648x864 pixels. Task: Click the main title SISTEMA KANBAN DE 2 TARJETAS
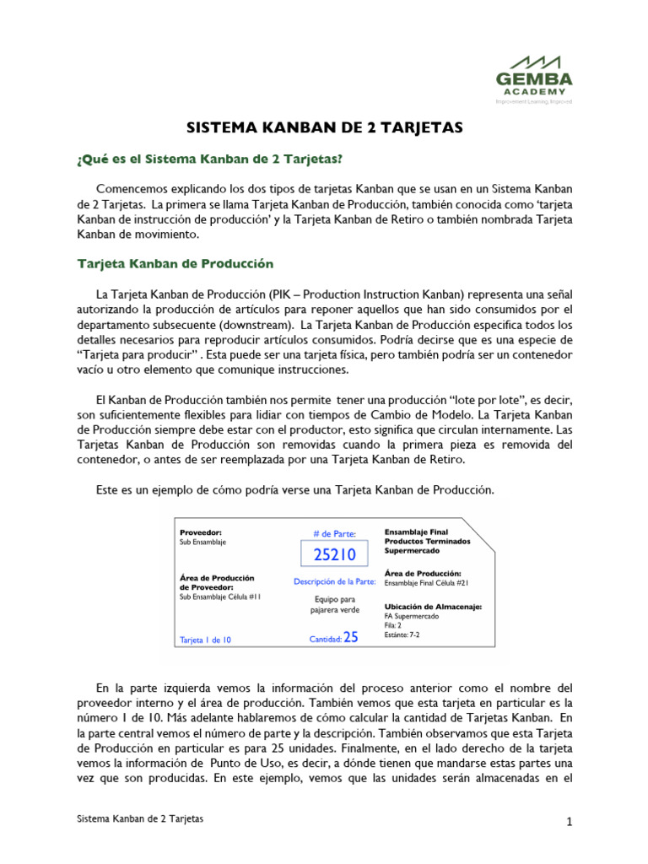[x=325, y=127]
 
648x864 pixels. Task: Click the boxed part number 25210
[x=334, y=554]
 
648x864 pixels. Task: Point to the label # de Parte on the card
[x=334, y=533]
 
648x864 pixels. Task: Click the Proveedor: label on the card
[x=201, y=532]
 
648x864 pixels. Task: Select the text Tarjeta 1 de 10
[x=205, y=640]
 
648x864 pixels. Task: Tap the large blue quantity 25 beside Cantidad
[x=351, y=638]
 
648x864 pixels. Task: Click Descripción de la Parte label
[x=334, y=581]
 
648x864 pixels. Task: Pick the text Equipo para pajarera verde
[x=334, y=605]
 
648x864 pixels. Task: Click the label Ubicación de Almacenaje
[x=433, y=607]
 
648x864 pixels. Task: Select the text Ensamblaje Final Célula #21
[x=425, y=583]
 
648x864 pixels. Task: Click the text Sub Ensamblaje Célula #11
[x=220, y=597]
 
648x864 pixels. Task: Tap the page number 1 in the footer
[x=570, y=822]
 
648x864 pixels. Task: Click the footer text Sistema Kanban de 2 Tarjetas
[x=139, y=819]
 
